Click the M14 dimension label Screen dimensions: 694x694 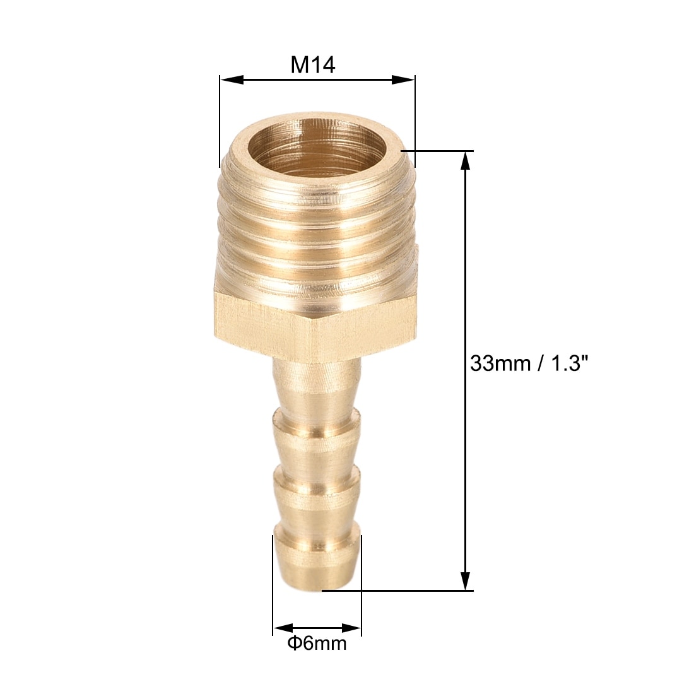point(313,65)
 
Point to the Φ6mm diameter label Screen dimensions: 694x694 point(317,643)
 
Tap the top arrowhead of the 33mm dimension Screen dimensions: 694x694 point(465,161)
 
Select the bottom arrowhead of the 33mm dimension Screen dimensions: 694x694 point(465,580)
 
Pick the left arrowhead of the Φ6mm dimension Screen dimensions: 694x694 point(283,628)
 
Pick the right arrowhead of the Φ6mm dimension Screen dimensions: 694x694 point(351,628)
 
